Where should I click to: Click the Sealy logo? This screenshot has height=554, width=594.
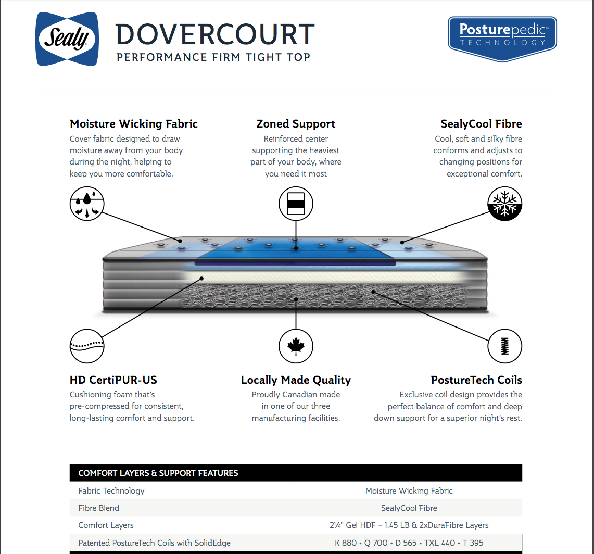pos(67,39)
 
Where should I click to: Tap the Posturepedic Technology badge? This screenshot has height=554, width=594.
pos(502,37)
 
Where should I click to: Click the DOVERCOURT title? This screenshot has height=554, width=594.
pos(215,34)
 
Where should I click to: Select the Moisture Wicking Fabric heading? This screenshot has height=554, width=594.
pos(134,124)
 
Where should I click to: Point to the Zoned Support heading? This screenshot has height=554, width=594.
pos(296,124)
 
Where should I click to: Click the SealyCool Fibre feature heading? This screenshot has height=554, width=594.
pos(481,124)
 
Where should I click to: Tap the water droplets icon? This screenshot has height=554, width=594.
pos(87,204)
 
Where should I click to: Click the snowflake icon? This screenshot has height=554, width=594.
pos(504,204)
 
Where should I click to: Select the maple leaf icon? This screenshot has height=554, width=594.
pos(296,346)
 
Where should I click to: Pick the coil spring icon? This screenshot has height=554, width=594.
pos(504,346)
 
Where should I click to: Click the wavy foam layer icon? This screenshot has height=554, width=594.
pos(87,346)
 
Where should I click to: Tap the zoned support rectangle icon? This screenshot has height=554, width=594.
pos(296,204)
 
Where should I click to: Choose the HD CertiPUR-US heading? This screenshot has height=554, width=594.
pos(113,380)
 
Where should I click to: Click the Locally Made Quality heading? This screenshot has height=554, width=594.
pos(296,380)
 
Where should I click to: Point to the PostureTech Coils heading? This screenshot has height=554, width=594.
pos(476,380)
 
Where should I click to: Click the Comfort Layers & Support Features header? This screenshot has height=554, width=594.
pos(158,473)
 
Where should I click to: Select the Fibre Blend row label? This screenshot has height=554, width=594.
pos(99,508)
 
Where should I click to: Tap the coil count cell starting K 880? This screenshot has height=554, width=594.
pos(409,543)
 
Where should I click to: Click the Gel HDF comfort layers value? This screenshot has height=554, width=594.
pos(409,525)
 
